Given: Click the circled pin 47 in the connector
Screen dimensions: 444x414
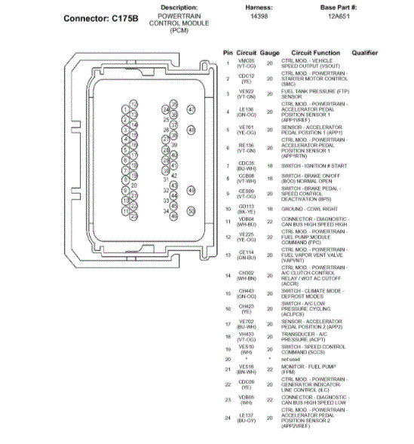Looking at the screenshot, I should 191,109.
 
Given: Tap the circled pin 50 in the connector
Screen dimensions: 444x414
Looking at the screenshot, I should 191,212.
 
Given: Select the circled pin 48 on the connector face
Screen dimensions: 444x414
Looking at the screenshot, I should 191,130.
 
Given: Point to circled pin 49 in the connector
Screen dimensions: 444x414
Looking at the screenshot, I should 191,191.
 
